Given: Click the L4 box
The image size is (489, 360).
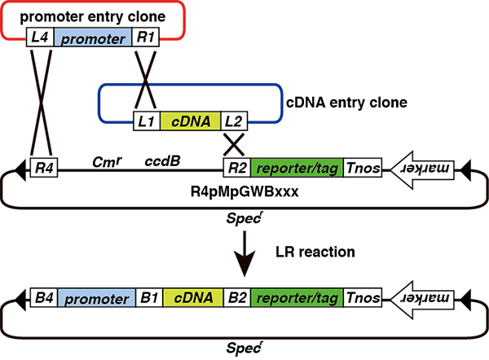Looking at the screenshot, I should pos(39,38).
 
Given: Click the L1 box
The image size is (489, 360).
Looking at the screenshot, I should pos(147,122).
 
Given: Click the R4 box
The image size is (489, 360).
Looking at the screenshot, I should pos(41,169).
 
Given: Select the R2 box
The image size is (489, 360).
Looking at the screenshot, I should pos(237,169).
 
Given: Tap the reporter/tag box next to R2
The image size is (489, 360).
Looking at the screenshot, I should pos(297,169).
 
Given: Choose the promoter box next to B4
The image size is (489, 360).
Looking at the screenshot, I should pos(96,298).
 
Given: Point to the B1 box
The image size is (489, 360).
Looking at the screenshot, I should pos(148,298).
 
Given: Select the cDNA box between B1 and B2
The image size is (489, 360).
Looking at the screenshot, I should pos(192,298).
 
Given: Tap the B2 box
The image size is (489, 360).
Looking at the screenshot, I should pos(236,298).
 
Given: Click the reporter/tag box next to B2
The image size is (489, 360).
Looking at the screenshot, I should pos(297,298).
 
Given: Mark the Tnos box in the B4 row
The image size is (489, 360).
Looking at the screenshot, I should pos(362,298).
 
